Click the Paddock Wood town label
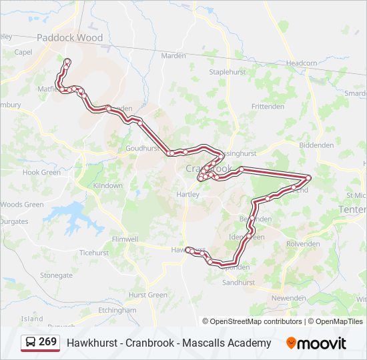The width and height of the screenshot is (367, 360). pos(70,38)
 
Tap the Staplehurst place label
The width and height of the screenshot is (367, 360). pos(228,71)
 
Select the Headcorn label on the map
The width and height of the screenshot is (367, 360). pos(302,63)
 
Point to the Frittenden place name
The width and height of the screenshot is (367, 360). pos(268,107)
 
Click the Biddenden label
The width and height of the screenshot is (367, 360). pos(316,145)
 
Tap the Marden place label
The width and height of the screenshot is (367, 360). pos(173,55)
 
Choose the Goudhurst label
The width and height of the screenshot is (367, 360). pos(141,149)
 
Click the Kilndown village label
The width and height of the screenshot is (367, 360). pos(107,186)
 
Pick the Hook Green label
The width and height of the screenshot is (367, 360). pos(41,172)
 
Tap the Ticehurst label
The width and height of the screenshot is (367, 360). pos(94,253)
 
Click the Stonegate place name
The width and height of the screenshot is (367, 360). pos(56,275)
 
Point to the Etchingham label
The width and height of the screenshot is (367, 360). pos(117,310)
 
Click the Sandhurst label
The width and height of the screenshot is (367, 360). pos(238,283)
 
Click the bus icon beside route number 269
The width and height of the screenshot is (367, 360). pos(31,343)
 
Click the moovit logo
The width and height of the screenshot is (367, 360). pos(316,343)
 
